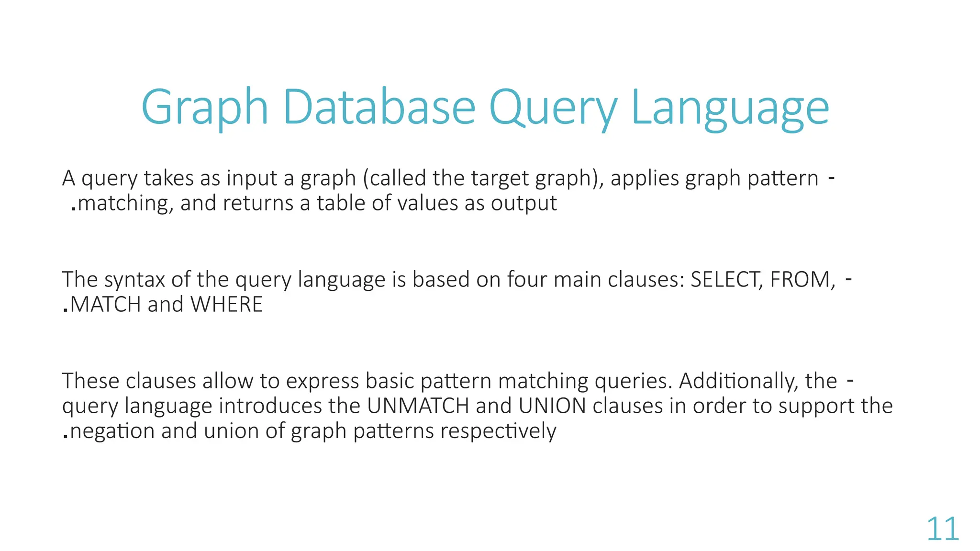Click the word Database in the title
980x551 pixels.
click(379, 108)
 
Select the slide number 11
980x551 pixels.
click(943, 529)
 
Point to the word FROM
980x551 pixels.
click(802, 279)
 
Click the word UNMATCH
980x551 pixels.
click(418, 406)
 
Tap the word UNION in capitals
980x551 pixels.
click(552, 406)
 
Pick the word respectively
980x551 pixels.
click(498, 430)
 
